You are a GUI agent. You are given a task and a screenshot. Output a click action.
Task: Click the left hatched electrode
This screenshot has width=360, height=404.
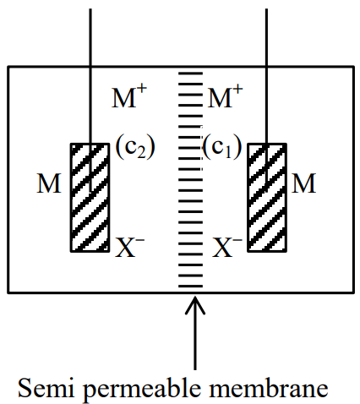[90, 197]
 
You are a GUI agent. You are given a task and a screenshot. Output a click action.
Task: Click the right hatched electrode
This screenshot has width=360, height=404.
[267, 197]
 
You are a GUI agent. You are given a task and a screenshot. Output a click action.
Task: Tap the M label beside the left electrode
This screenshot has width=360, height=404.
[49, 183]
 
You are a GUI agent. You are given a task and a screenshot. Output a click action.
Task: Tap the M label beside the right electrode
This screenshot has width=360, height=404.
[303, 183]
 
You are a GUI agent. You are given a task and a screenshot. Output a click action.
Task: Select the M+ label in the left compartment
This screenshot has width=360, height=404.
[129, 96]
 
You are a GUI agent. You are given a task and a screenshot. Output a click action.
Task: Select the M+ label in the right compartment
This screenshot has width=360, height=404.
[225, 96]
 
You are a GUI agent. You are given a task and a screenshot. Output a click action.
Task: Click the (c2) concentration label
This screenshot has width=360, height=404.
[135, 147]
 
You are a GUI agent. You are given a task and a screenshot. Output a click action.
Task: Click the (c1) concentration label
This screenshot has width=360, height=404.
[222, 147]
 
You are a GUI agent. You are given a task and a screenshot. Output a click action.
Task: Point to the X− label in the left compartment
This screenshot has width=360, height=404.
[130, 248]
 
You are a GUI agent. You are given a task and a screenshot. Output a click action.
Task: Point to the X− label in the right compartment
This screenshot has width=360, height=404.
[227, 248]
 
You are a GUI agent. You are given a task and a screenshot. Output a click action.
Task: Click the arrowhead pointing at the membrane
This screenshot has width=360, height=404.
[195, 305]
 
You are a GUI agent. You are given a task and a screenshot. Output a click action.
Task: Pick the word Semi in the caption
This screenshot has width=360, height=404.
[46, 388]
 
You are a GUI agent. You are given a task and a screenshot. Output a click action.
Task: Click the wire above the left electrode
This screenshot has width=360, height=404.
[90, 76]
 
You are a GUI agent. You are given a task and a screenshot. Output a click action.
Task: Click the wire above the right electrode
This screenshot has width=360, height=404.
[266, 76]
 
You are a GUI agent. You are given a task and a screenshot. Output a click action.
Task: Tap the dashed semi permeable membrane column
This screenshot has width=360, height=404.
[190, 179]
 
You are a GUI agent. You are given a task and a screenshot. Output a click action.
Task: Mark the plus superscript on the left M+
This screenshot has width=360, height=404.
[142, 90]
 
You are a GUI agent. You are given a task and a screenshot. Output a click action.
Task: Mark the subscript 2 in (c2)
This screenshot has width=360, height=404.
[141, 152]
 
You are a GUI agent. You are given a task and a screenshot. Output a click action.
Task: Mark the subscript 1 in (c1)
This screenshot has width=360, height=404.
[228, 152]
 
